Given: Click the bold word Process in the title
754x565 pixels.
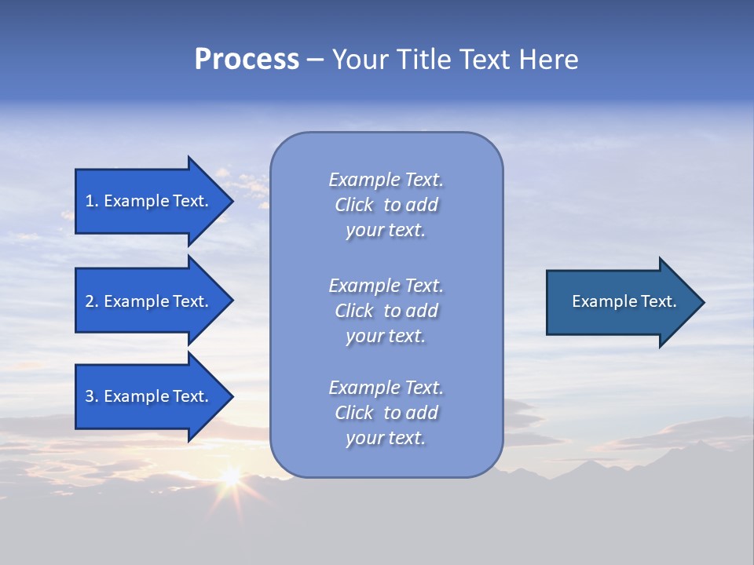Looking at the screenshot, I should (247, 60).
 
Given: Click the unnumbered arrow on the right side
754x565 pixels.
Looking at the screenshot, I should (620, 301).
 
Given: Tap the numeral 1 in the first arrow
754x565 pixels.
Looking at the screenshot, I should (90, 201).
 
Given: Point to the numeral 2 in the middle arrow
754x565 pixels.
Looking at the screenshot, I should (90, 301).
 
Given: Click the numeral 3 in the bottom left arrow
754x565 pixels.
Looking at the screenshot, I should (90, 396).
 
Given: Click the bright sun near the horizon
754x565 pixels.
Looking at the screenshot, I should (230, 476).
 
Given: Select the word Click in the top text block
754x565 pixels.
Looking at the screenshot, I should (354, 205).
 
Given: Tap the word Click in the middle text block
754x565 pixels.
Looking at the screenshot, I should (354, 311).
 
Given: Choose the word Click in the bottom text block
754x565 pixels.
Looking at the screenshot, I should (354, 413).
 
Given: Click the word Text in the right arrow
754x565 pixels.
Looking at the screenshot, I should (658, 301).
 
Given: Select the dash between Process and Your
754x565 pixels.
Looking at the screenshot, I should (315, 60).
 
